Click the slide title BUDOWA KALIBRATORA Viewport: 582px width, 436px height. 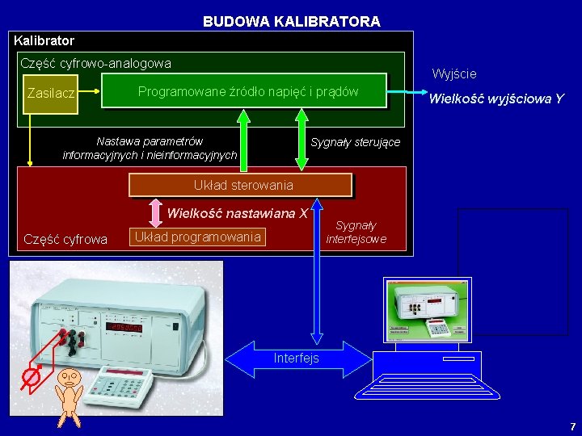pyautogui.click(x=291, y=22)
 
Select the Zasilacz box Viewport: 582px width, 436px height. pyautogui.click(x=50, y=94)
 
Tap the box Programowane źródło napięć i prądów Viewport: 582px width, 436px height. pyautogui.click(x=247, y=91)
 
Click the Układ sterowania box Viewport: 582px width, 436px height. pyautogui.click(x=242, y=186)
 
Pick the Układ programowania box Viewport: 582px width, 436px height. pyautogui.click(x=197, y=237)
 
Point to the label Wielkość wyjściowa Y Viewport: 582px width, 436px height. pyautogui.click(x=496, y=99)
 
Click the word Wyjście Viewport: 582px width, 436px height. pyautogui.click(x=454, y=74)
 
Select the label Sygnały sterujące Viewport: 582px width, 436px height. pyautogui.click(x=356, y=142)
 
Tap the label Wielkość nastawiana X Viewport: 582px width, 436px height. pyautogui.click(x=237, y=214)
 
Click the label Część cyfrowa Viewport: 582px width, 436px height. pyautogui.click(x=65, y=239)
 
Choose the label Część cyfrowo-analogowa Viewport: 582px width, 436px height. pyautogui.click(x=95, y=62)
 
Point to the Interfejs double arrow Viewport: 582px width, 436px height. pyautogui.click(x=297, y=358)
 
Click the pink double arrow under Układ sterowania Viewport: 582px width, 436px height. pyautogui.click(x=154, y=212)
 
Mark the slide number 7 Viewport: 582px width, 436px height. pyautogui.click(x=572, y=426)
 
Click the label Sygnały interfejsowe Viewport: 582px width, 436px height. pyautogui.click(x=356, y=233)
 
